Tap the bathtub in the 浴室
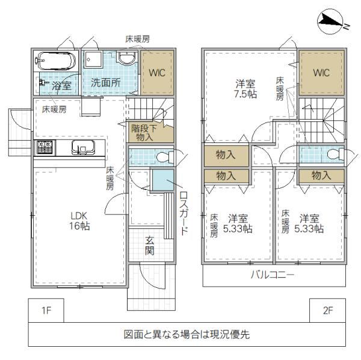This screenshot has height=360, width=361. click(x=56, y=61)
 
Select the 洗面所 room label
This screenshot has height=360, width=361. click(x=105, y=82)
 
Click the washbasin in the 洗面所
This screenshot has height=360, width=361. click(x=126, y=58)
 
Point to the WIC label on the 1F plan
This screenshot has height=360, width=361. click(x=157, y=73)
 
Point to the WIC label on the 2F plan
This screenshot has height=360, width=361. click(x=321, y=73)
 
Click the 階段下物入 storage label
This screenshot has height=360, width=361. click(x=144, y=133)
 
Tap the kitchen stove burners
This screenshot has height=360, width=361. click(x=45, y=147)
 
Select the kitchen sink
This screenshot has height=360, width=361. click(x=83, y=147)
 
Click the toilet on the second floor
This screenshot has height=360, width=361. click(x=336, y=154)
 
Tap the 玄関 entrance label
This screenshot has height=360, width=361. click(x=149, y=246)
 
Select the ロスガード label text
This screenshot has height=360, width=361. click(x=184, y=213)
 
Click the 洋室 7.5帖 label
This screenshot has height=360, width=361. click(x=245, y=89)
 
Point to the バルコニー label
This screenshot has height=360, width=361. click(x=272, y=275)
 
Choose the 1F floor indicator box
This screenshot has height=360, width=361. click(x=46, y=310)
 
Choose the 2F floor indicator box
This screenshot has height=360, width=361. click(x=328, y=310)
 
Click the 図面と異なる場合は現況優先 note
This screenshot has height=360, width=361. click(x=187, y=335)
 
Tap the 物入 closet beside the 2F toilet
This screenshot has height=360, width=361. click(x=321, y=176)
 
